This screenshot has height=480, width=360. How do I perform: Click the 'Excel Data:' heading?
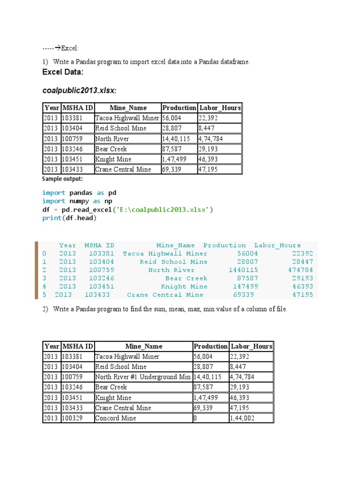[x=63, y=72]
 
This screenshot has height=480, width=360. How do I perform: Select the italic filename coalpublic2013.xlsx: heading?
[x=79, y=90]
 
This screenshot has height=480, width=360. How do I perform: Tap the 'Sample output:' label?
[x=62, y=179]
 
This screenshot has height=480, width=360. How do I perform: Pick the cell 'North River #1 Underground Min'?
[x=142, y=377]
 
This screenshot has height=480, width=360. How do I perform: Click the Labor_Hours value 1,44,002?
[x=242, y=418]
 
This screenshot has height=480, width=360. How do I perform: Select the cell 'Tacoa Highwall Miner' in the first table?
[x=127, y=118]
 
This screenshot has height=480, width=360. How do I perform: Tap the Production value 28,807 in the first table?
[x=172, y=128]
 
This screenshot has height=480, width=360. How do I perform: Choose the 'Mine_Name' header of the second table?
[x=144, y=346]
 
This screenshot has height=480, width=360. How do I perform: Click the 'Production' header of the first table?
[x=179, y=108]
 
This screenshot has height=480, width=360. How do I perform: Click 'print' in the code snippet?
[x=52, y=218]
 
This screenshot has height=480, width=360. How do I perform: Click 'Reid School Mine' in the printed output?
[x=173, y=262]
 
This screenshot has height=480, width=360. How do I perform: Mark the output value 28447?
[x=302, y=262]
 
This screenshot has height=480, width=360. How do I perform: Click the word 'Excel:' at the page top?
[x=70, y=48]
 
